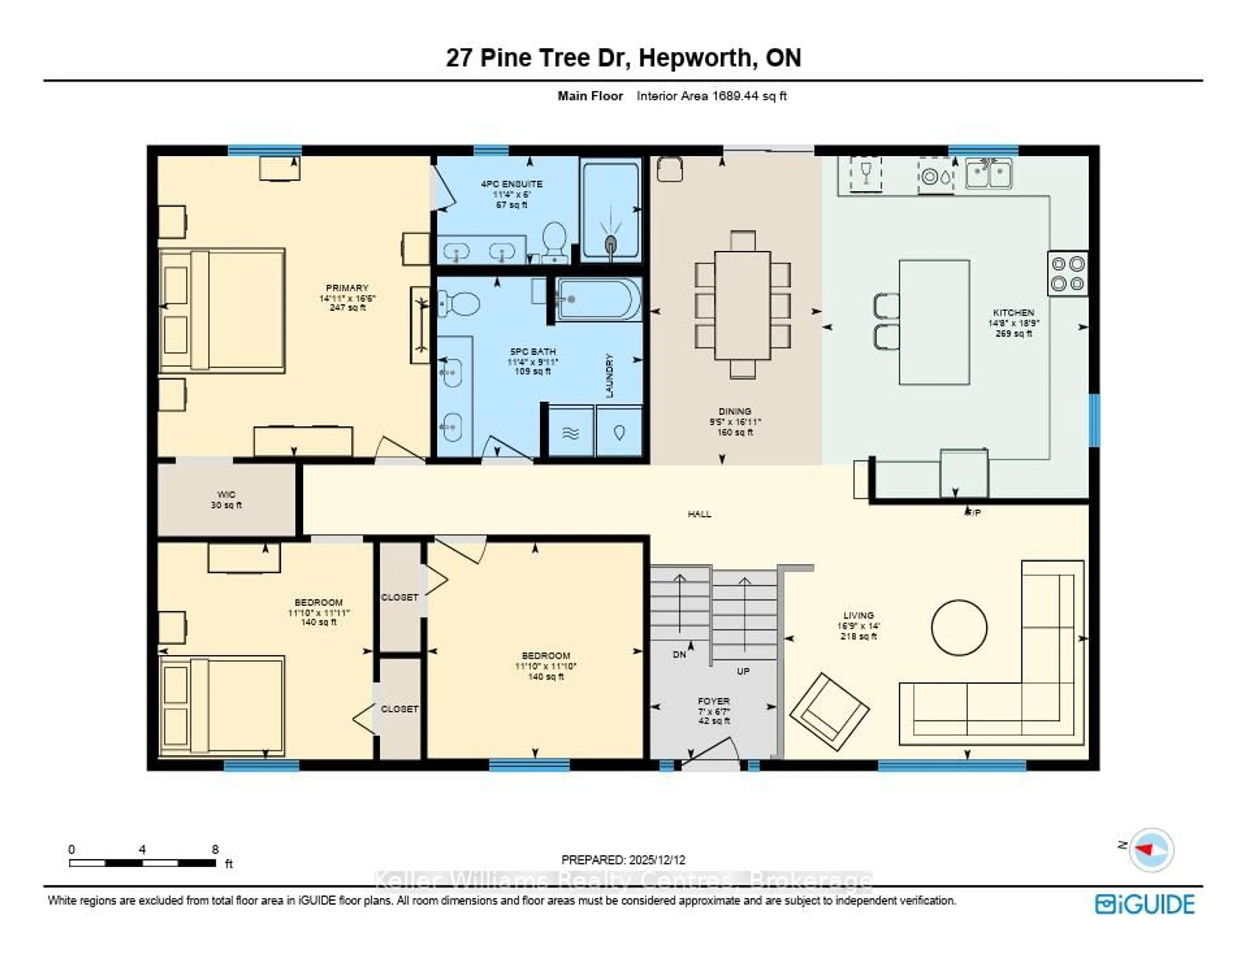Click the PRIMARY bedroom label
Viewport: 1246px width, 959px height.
point(347,288)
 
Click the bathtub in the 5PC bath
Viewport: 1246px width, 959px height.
point(598,299)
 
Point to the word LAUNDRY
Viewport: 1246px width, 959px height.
point(609,375)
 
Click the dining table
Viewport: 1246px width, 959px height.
point(742,305)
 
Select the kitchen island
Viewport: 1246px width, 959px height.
point(934,322)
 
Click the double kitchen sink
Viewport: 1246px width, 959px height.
point(989,173)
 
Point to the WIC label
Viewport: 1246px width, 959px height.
point(226,494)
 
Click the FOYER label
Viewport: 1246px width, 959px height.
point(714,701)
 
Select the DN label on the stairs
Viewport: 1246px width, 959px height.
point(679,655)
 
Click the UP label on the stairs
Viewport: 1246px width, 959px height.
point(743,671)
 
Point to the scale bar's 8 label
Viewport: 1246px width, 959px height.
point(215,849)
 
